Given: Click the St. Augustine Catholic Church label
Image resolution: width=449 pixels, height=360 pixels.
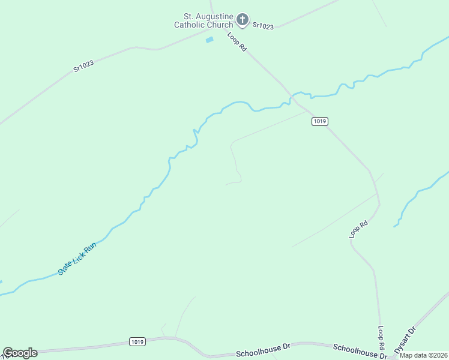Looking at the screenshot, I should coord(203,20).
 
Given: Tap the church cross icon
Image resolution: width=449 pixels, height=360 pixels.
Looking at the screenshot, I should coord(243,20).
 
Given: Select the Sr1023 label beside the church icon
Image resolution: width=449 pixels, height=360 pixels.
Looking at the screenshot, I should coord(263,26).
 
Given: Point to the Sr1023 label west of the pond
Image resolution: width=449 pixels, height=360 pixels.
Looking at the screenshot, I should coord(85,65).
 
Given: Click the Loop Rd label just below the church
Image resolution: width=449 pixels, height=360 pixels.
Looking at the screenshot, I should coord(237,42).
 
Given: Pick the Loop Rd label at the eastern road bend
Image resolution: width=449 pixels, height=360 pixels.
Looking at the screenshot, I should coord(359,230).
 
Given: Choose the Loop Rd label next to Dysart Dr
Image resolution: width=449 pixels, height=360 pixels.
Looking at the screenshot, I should coord(381,338).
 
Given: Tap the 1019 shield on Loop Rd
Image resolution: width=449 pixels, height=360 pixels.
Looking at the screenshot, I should coord(320,121).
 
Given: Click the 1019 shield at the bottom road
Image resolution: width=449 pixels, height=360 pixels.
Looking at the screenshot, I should coord(137,341).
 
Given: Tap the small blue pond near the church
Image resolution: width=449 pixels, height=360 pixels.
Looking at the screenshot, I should coord(209,40).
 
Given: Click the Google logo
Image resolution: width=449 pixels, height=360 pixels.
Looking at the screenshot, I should coord(20,353).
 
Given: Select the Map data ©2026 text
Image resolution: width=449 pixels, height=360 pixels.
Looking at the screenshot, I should coord(423,355).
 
